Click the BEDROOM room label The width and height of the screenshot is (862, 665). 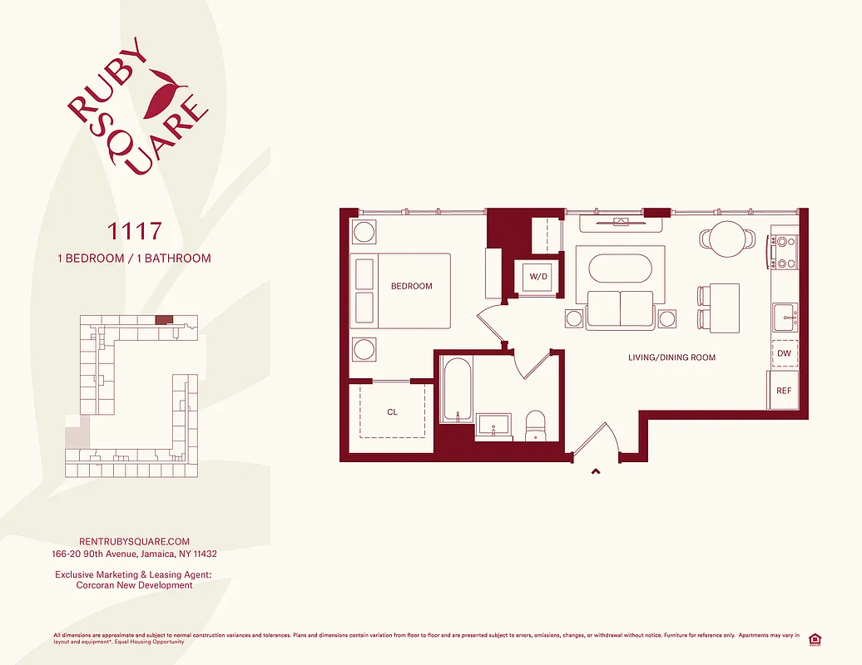tap(412, 287)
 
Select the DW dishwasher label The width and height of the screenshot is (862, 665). tap(784, 353)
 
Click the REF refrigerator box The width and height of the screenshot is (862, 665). tap(784, 391)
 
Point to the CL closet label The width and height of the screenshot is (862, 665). tap(393, 411)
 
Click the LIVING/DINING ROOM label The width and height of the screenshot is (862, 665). tap(671, 357)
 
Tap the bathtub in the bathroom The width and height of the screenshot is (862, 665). tap(456, 389)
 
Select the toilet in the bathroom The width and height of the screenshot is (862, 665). tap(536, 424)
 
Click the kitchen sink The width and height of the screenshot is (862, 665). tap(785, 317)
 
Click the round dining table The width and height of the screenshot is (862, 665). tap(729, 236)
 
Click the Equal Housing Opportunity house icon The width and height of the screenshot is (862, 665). tap(815, 638)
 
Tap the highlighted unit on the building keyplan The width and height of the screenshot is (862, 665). tap(165, 318)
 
